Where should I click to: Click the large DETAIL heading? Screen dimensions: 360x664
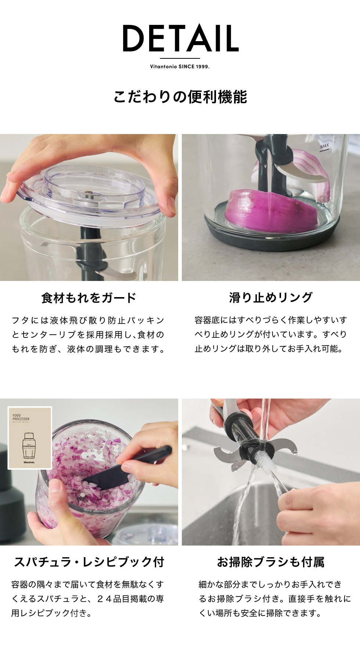180,38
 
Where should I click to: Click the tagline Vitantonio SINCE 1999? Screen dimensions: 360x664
180,66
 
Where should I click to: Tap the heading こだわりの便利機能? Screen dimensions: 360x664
180,97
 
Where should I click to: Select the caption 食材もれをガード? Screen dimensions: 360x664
89,297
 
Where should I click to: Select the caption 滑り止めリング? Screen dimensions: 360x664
271,297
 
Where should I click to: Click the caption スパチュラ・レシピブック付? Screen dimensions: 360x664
89,562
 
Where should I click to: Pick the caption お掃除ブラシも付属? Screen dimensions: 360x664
271,562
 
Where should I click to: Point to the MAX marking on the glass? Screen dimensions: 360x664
324,146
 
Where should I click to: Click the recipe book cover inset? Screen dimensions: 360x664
30,438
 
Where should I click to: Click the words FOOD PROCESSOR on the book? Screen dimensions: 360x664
21,418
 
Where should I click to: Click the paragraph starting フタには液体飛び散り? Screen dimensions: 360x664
88,335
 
